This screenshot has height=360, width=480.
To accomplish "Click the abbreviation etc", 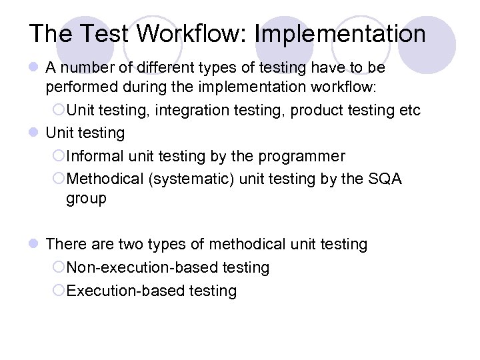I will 410,110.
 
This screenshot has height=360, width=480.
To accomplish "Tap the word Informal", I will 93,156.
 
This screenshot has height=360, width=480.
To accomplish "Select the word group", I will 86,199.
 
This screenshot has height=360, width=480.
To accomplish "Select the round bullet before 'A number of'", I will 33,68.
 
